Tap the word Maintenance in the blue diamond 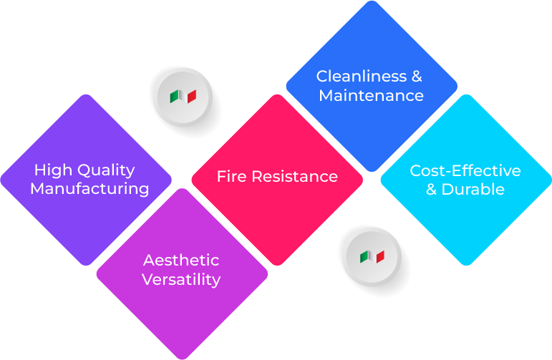[371, 95]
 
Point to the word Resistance [294, 176]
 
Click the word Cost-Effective [465, 170]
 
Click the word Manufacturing [89, 189]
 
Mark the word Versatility [180, 279]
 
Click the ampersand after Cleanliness [416, 76]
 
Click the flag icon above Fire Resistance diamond [183, 96]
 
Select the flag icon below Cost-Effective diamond [372, 256]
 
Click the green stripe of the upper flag [174, 96]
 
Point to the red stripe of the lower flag [380, 256]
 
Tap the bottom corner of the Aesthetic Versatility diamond [182, 357]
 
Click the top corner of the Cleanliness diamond [371, 3]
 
